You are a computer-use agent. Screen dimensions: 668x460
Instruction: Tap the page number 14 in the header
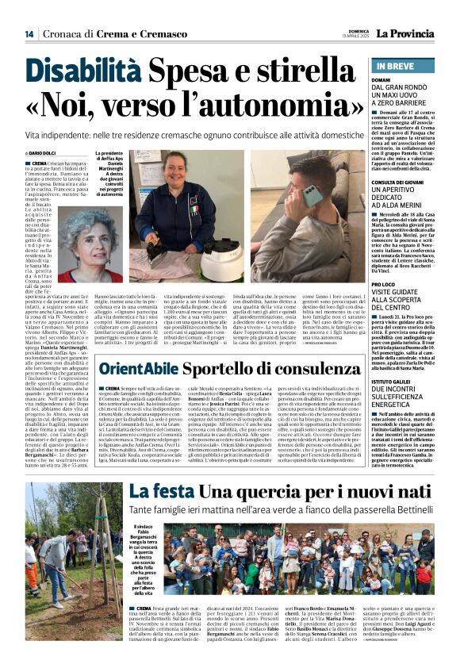pos(29,34)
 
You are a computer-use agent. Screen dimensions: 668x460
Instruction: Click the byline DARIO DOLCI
pos(42,153)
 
